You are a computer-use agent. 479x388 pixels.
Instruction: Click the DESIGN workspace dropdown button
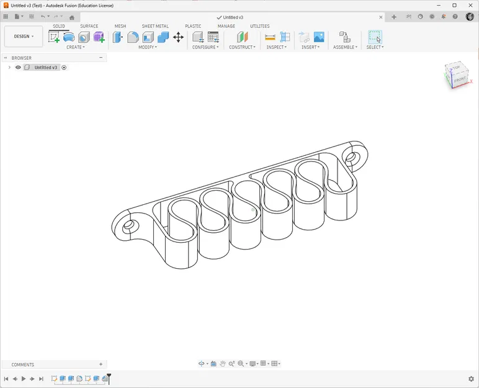24,37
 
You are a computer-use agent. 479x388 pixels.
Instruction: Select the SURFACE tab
89,26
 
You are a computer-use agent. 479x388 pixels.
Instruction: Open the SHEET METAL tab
154,26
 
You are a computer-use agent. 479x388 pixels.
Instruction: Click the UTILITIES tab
259,26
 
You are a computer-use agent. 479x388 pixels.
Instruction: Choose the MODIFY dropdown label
147,47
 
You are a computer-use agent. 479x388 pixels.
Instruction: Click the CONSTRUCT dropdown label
242,47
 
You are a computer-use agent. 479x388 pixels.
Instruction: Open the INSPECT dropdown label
276,47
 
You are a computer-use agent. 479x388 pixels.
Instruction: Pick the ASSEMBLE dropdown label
345,47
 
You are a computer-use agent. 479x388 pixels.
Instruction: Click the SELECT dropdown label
375,47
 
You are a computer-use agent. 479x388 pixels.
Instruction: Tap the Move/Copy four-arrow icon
178,37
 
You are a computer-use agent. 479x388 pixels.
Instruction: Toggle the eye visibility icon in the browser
18,67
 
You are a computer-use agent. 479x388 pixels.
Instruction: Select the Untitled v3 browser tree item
45,67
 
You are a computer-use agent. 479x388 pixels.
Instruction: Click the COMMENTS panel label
23,364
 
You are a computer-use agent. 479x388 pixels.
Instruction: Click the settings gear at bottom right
471,379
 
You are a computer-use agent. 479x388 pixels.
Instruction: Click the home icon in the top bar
72,17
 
